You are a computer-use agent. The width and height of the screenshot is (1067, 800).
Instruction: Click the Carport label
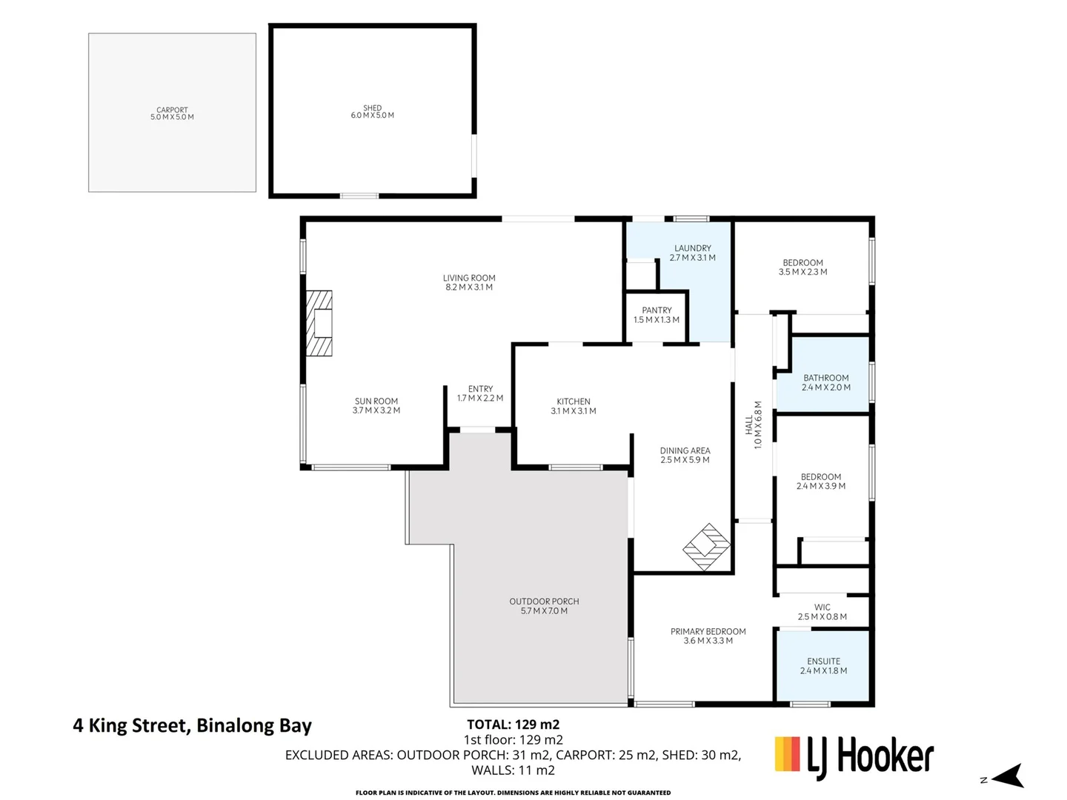tap(172, 110)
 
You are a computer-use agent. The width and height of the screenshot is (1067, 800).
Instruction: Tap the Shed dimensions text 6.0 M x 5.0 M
tap(372, 116)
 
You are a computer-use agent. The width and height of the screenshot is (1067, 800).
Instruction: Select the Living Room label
tap(469, 279)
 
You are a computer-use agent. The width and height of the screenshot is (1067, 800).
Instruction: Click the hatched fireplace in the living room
tap(320, 324)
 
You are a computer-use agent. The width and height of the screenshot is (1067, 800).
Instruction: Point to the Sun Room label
tap(376, 401)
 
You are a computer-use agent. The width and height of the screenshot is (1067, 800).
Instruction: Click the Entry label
tap(480, 389)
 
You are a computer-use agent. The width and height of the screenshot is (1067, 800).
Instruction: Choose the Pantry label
tap(657, 310)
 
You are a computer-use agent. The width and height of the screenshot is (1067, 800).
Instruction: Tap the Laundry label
tap(692, 248)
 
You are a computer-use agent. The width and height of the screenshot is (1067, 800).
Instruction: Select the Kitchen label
tap(574, 401)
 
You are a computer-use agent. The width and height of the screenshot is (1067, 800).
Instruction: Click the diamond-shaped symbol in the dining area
tap(707, 547)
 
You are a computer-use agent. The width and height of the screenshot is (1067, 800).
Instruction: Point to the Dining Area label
tap(685, 450)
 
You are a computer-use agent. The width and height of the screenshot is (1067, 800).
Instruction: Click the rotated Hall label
tap(749, 424)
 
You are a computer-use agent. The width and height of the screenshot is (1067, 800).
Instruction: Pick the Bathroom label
tap(825, 378)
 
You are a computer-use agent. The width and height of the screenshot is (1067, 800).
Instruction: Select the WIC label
tap(822, 607)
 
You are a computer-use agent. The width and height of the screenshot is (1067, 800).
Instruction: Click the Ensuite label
tap(823, 661)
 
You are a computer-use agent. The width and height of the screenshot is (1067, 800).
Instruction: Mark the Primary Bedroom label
tap(708, 632)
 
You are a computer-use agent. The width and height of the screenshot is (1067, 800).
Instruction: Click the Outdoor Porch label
tap(544, 601)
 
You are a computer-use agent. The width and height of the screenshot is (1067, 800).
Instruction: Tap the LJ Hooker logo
tap(854, 757)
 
